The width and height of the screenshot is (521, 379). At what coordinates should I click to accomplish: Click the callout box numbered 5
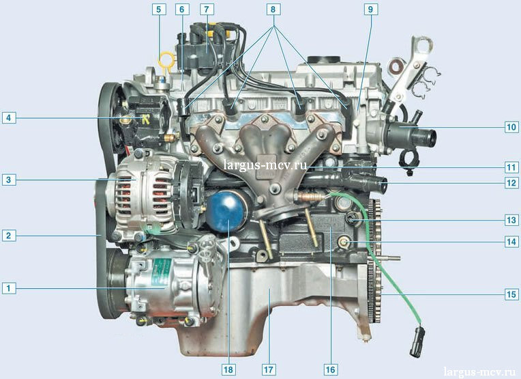point(159,10)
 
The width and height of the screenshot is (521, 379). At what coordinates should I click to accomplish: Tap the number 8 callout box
point(273,10)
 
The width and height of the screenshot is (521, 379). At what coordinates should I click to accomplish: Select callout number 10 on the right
point(511,127)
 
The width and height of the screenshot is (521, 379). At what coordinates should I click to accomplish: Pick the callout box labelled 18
point(228,369)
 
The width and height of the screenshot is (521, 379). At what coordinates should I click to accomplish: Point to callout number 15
point(511,294)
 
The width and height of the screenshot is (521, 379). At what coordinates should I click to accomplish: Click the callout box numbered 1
point(9,287)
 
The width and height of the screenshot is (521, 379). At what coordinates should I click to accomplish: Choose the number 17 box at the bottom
point(269,369)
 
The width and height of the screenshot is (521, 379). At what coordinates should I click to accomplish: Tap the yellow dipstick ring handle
point(166,61)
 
